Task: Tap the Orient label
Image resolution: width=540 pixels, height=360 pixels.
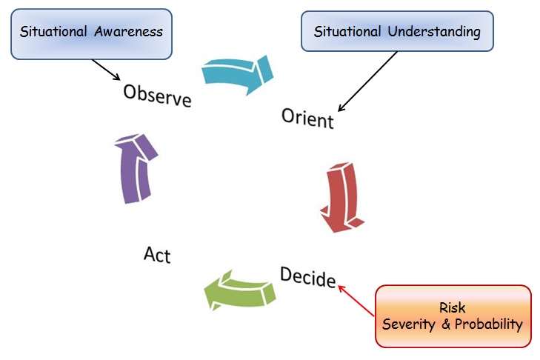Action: [307, 118]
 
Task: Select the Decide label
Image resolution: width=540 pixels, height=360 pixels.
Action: [307, 276]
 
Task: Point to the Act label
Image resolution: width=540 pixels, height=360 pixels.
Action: [157, 255]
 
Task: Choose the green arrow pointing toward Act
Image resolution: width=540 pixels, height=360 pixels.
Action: [237, 290]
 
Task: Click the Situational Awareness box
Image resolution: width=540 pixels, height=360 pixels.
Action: [91, 33]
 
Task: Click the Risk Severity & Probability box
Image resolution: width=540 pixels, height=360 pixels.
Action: [453, 316]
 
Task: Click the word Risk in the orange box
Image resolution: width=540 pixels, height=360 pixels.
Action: [453, 307]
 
